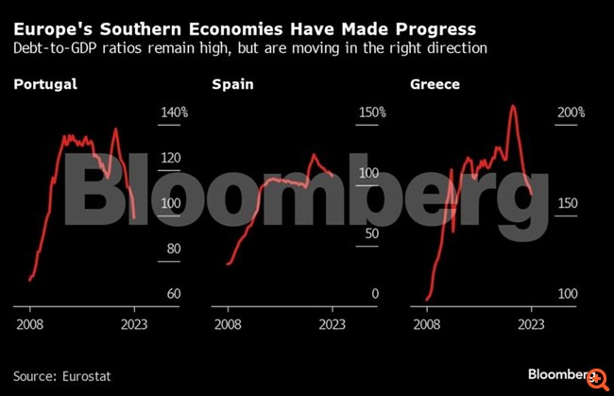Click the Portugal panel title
(x=45, y=85)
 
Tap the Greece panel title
(x=435, y=85)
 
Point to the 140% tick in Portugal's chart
(x=173, y=112)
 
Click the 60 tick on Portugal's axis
(x=173, y=294)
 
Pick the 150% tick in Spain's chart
(x=370, y=112)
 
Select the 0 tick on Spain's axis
(x=374, y=294)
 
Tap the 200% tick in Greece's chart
(x=571, y=112)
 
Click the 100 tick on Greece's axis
(x=569, y=294)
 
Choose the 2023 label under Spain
(x=333, y=321)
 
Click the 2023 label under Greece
(x=532, y=321)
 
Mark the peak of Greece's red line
(x=513, y=105)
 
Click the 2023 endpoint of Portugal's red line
(x=135, y=218)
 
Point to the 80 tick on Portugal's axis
(x=173, y=249)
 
